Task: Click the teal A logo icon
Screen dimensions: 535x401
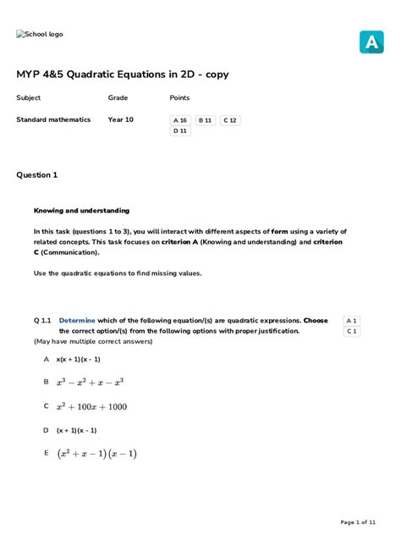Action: (371, 41)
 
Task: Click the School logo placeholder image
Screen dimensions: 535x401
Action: (40, 35)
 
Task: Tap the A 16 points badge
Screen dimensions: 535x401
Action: (180, 120)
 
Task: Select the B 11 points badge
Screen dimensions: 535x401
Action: (206, 120)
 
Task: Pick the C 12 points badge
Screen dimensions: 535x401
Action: (230, 120)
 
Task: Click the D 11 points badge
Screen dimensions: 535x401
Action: (180, 131)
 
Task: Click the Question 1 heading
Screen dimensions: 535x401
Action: (37, 175)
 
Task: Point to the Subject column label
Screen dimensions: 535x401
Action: (29, 98)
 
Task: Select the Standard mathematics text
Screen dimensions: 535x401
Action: (53, 120)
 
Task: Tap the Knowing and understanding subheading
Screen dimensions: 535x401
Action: (81, 211)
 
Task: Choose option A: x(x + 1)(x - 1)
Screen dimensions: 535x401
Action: (79, 359)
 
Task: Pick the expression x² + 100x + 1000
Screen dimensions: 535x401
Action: (91, 406)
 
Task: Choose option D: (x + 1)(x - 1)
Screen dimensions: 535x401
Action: (76, 430)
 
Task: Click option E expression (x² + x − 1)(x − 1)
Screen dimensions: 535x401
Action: (96, 454)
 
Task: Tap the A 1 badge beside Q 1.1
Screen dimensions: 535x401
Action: (352, 321)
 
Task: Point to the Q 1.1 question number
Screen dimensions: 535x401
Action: (43, 321)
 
